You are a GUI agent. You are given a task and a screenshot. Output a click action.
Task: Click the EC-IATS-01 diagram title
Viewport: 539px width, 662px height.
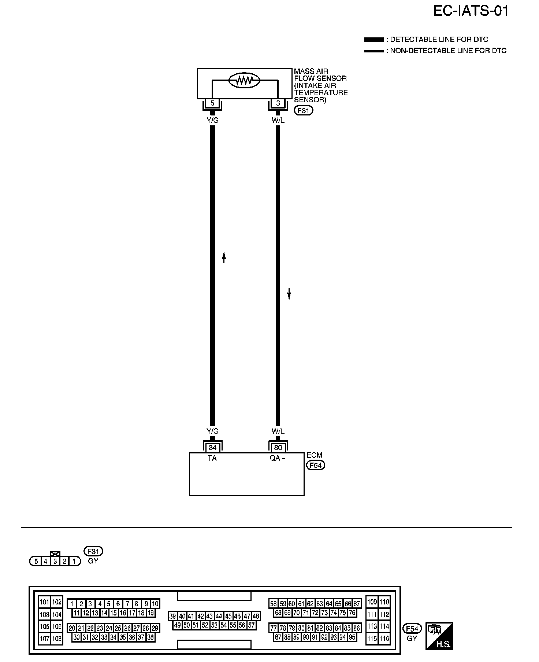coord(471,11)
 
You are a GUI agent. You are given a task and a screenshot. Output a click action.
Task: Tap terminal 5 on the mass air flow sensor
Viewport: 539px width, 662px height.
coord(212,103)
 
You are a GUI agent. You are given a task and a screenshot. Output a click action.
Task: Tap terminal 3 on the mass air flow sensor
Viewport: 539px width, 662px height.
coord(278,103)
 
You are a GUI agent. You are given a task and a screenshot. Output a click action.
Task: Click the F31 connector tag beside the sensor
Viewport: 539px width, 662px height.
coord(303,110)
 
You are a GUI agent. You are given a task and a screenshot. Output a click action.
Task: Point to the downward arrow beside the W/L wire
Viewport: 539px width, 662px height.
coord(289,293)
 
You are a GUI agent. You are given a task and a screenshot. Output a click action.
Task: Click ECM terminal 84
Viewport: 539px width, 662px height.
coord(212,448)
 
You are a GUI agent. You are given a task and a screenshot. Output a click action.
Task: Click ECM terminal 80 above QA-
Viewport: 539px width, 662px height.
coord(278,448)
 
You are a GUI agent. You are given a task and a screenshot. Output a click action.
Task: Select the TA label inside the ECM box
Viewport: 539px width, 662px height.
coord(212,458)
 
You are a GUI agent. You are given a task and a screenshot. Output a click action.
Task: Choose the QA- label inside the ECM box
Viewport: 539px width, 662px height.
coord(278,458)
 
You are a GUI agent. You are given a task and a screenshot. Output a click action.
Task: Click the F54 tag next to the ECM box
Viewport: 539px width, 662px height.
coord(315,465)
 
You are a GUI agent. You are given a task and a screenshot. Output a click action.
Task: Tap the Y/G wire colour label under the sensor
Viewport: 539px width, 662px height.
coord(212,119)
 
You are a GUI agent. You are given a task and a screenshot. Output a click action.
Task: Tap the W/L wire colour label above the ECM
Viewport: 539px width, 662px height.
coord(278,431)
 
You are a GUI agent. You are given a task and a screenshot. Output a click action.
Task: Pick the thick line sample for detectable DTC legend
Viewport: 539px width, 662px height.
coord(373,40)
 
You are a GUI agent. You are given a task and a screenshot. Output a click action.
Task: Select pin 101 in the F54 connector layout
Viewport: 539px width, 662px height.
coord(45,602)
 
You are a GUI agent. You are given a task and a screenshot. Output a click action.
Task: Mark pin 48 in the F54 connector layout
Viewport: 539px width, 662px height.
coord(256,616)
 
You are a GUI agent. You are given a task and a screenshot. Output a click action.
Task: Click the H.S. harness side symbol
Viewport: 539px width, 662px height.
coord(439,636)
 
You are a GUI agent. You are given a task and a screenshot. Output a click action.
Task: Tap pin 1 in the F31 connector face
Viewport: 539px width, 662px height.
coord(74,561)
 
